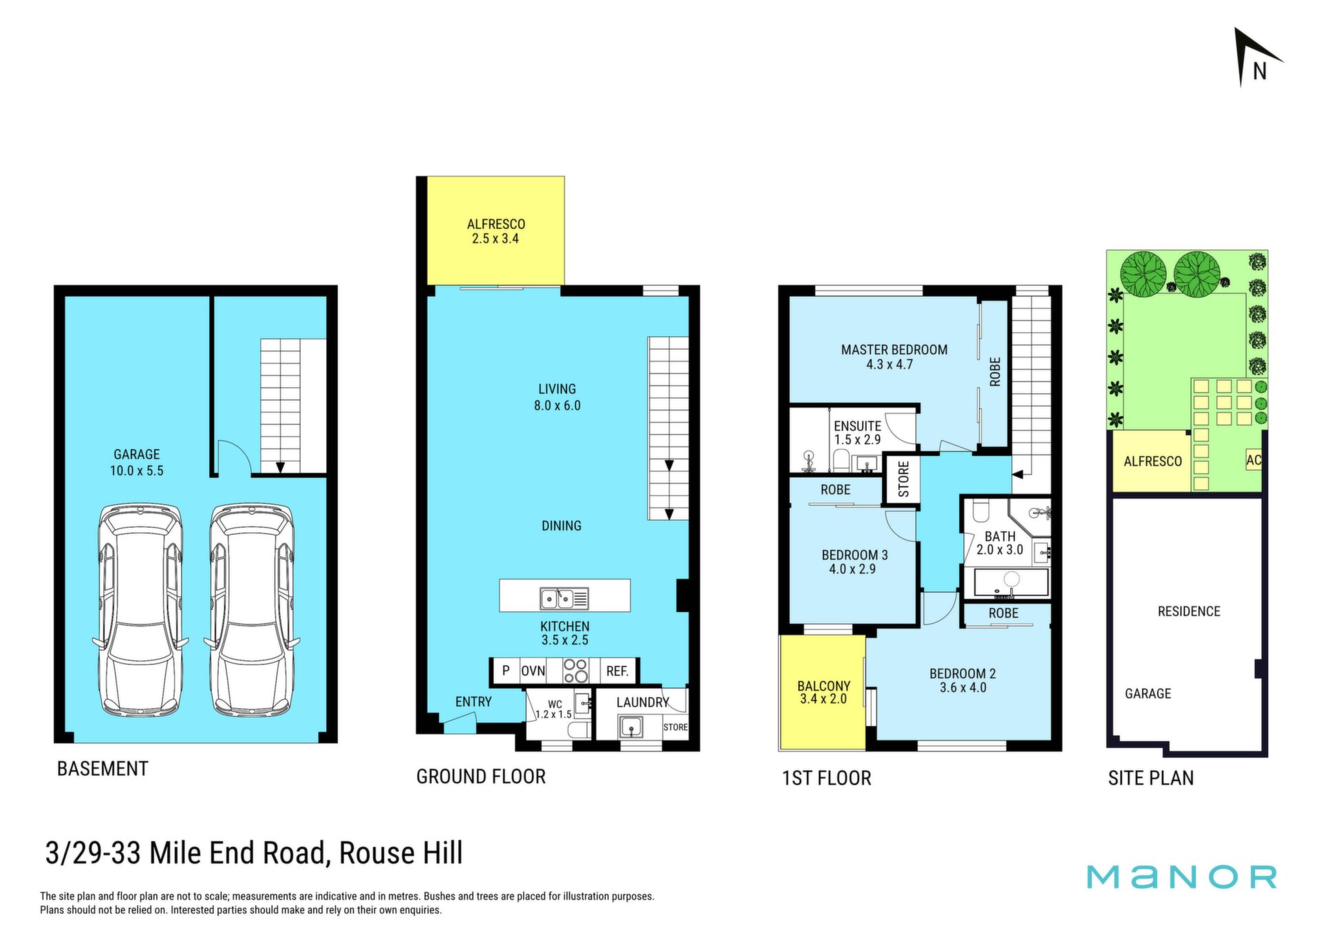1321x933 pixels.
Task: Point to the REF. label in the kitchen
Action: pos(617,671)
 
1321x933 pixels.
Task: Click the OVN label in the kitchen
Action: pos(533,671)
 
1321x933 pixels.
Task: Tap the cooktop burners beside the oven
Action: pos(576,671)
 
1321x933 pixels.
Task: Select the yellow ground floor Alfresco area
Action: pos(495,230)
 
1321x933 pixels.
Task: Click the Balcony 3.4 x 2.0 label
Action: pos(824,692)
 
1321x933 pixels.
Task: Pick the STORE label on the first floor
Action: pos(903,479)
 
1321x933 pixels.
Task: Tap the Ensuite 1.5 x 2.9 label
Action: pos(857,432)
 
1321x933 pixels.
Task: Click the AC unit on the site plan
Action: pos(1254,460)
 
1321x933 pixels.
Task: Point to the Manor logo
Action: pos(1181,877)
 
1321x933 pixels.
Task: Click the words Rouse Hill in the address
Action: pos(401,853)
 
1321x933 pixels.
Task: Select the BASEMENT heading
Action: pos(103,769)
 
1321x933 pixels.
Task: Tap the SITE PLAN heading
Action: pos(1151,778)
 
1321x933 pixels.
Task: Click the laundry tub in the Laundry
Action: pos(631,727)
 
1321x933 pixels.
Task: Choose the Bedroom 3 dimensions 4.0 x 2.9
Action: pos(852,569)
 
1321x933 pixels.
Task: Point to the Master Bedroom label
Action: pos(894,350)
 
